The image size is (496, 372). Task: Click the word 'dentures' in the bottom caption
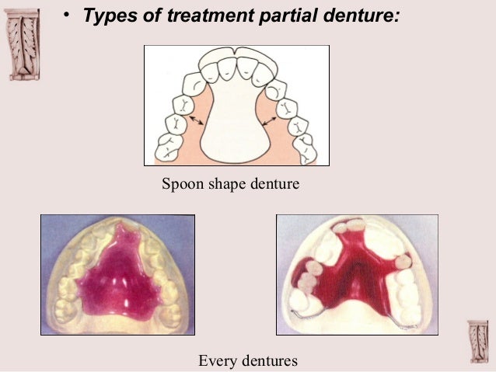269,360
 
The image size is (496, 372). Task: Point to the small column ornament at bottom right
478,339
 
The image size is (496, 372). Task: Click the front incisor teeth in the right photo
348,226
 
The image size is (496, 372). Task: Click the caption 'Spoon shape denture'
230,185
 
